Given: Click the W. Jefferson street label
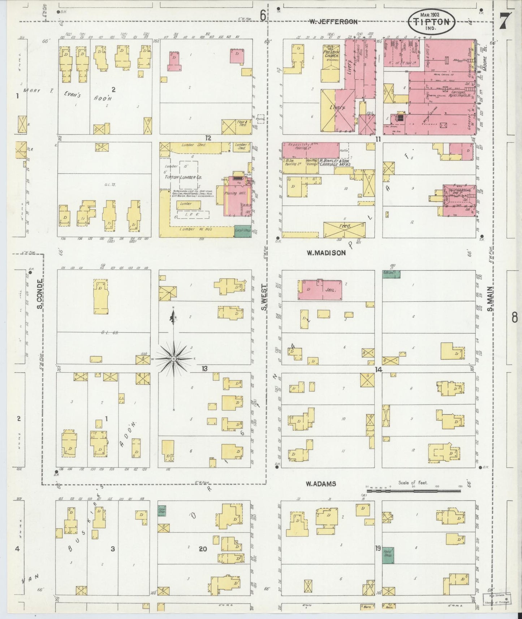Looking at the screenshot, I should coord(333,22).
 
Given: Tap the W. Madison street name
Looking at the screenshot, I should coord(326,253).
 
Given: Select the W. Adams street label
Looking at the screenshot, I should coord(321,484).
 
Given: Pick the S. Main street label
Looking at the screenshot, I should coord(490,299).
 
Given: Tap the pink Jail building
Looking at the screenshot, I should coord(320,290).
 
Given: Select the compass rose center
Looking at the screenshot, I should coord(174,359).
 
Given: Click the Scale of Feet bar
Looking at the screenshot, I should coord(414,491).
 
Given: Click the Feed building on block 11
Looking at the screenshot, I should coord(344,230).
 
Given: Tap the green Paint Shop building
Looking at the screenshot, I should coord(388,555).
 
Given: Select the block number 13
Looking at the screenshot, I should coord(205,369).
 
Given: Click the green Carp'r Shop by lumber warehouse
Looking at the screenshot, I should coord(242,231).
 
